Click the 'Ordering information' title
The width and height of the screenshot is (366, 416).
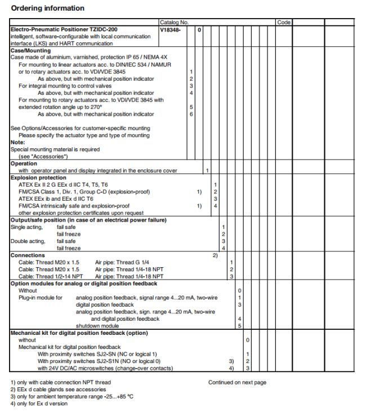pyautogui.click(x=48, y=8)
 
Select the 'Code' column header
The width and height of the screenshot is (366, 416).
pyautogui.click(x=284, y=23)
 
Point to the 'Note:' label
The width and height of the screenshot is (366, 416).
pyautogui.click(x=17, y=143)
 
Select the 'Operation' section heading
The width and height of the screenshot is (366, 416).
pyautogui.click(x=24, y=163)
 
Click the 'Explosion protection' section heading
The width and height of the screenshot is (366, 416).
pyautogui.click(x=38, y=178)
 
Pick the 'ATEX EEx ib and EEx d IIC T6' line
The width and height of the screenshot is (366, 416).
pyautogui.click(x=56, y=199)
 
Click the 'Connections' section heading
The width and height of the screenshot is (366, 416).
pyautogui.click(x=28, y=255)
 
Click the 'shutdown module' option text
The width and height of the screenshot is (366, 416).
pyautogui.click(x=97, y=326)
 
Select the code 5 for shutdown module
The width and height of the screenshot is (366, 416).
pyautogui.click(x=239, y=326)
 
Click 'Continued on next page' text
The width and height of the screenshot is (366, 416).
pyautogui.click(x=237, y=383)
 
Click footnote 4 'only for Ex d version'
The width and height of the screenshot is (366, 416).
pyautogui.click(x=39, y=403)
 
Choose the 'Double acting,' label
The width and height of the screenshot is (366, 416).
pyautogui.click(x=27, y=241)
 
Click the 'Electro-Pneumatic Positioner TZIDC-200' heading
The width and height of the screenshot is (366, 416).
pyautogui.click(x=64, y=29)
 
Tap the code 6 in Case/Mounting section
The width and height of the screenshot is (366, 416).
pyautogui.click(x=191, y=114)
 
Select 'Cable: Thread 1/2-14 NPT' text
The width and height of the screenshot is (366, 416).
pyautogui.click(x=50, y=277)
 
